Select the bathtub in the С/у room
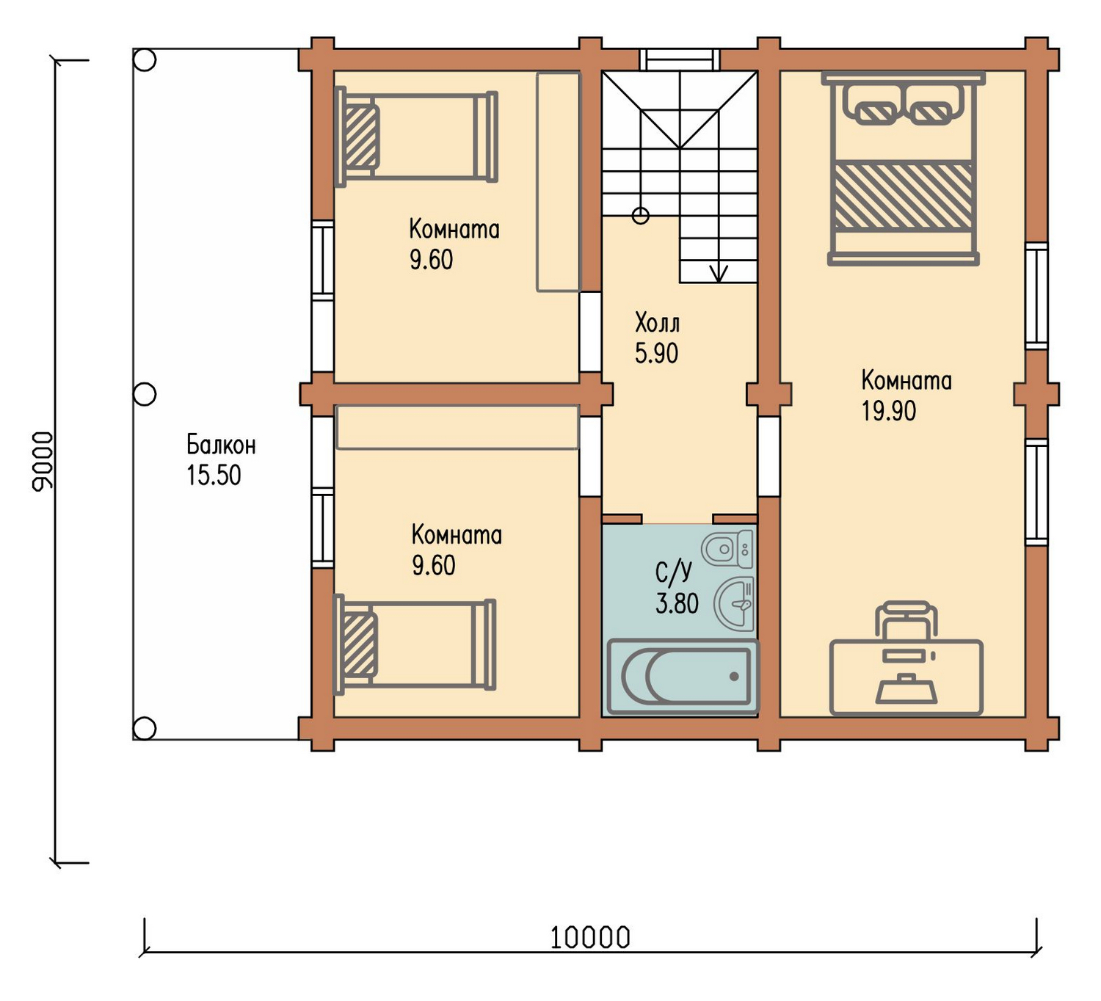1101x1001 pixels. point(683,677)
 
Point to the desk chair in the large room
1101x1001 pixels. point(906,620)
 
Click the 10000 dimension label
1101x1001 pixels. point(590,938)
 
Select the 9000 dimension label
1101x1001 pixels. point(43,461)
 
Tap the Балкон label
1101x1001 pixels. point(221,445)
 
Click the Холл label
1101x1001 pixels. point(657,323)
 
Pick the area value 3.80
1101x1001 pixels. point(677,604)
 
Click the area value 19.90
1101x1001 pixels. point(889,411)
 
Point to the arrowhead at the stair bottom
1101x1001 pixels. point(719,274)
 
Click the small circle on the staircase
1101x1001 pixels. point(641,216)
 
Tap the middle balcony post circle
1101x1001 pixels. point(145,394)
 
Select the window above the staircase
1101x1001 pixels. point(680,59)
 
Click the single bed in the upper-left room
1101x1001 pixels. point(416,136)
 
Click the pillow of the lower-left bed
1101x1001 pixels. point(360,645)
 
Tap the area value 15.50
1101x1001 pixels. point(214,476)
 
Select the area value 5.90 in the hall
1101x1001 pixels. point(656,354)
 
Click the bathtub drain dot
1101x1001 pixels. point(734,677)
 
